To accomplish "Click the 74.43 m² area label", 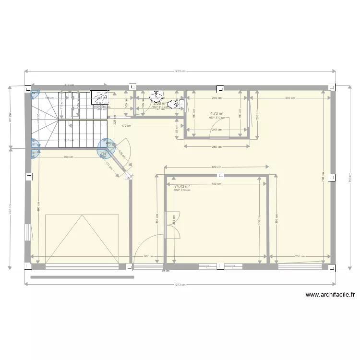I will coord(182,186).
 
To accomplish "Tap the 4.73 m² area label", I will coord(216,114).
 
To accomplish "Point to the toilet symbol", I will coord(177,103).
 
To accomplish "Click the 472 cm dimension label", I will coord(126,126).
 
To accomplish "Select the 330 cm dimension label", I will coord(290,98).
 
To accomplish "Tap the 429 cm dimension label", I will coord(216,168).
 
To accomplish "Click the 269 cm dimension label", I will coord(216,147).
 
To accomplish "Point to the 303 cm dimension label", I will coord(68,157).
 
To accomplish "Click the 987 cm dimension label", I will coord(148,256).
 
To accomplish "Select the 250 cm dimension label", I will coord(300,256).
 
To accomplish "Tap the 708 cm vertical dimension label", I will coord(324,176).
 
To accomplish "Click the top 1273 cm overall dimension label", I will coord(180,71).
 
